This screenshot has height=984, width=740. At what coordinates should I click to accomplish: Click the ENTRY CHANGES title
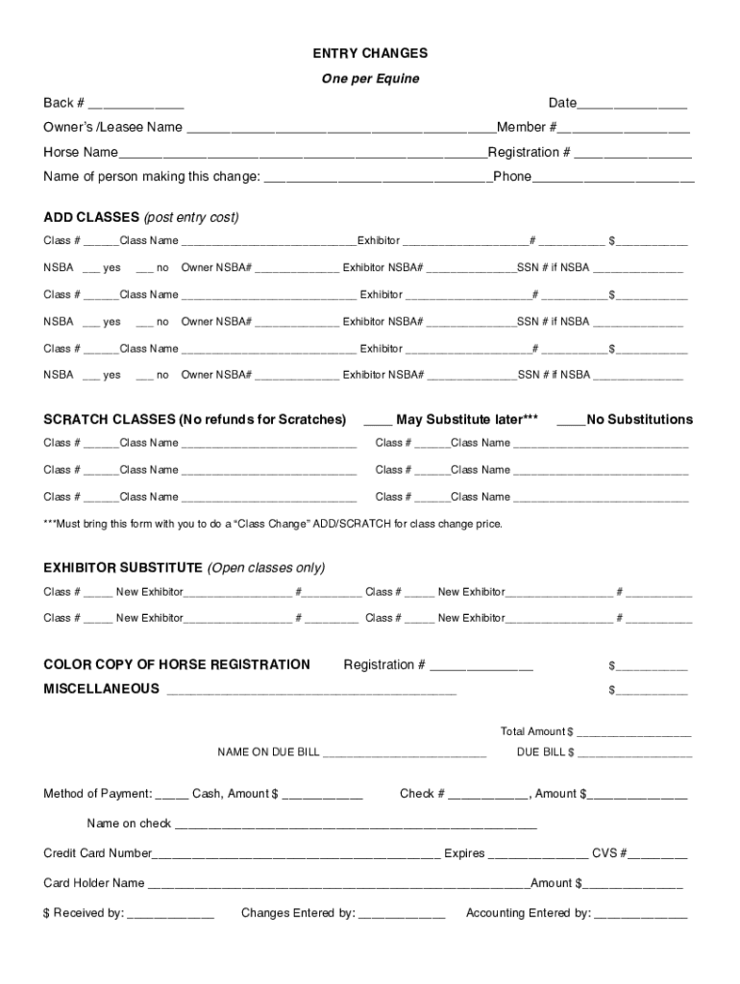click(x=370, y=54)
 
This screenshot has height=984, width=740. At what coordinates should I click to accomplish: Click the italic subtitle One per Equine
click(x=370, y=79)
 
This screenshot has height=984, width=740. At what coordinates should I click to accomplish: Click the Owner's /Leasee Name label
click(x=112, y=128)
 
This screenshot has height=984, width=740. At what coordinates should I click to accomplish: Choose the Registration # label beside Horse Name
click(x=530, y=153)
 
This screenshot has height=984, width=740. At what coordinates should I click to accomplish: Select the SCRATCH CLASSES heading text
click(x=194, y=420)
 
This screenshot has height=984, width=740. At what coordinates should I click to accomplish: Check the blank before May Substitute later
click(x=379, y=421)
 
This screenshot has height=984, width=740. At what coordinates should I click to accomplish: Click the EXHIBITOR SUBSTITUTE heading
click(x=123, y=568)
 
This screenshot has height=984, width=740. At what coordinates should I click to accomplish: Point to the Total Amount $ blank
click(x=634, y=733)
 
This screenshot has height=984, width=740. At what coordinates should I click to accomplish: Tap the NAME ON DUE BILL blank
click(x=405, y=754)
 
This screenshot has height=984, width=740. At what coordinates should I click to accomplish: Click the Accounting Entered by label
click(x=528, y=914)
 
